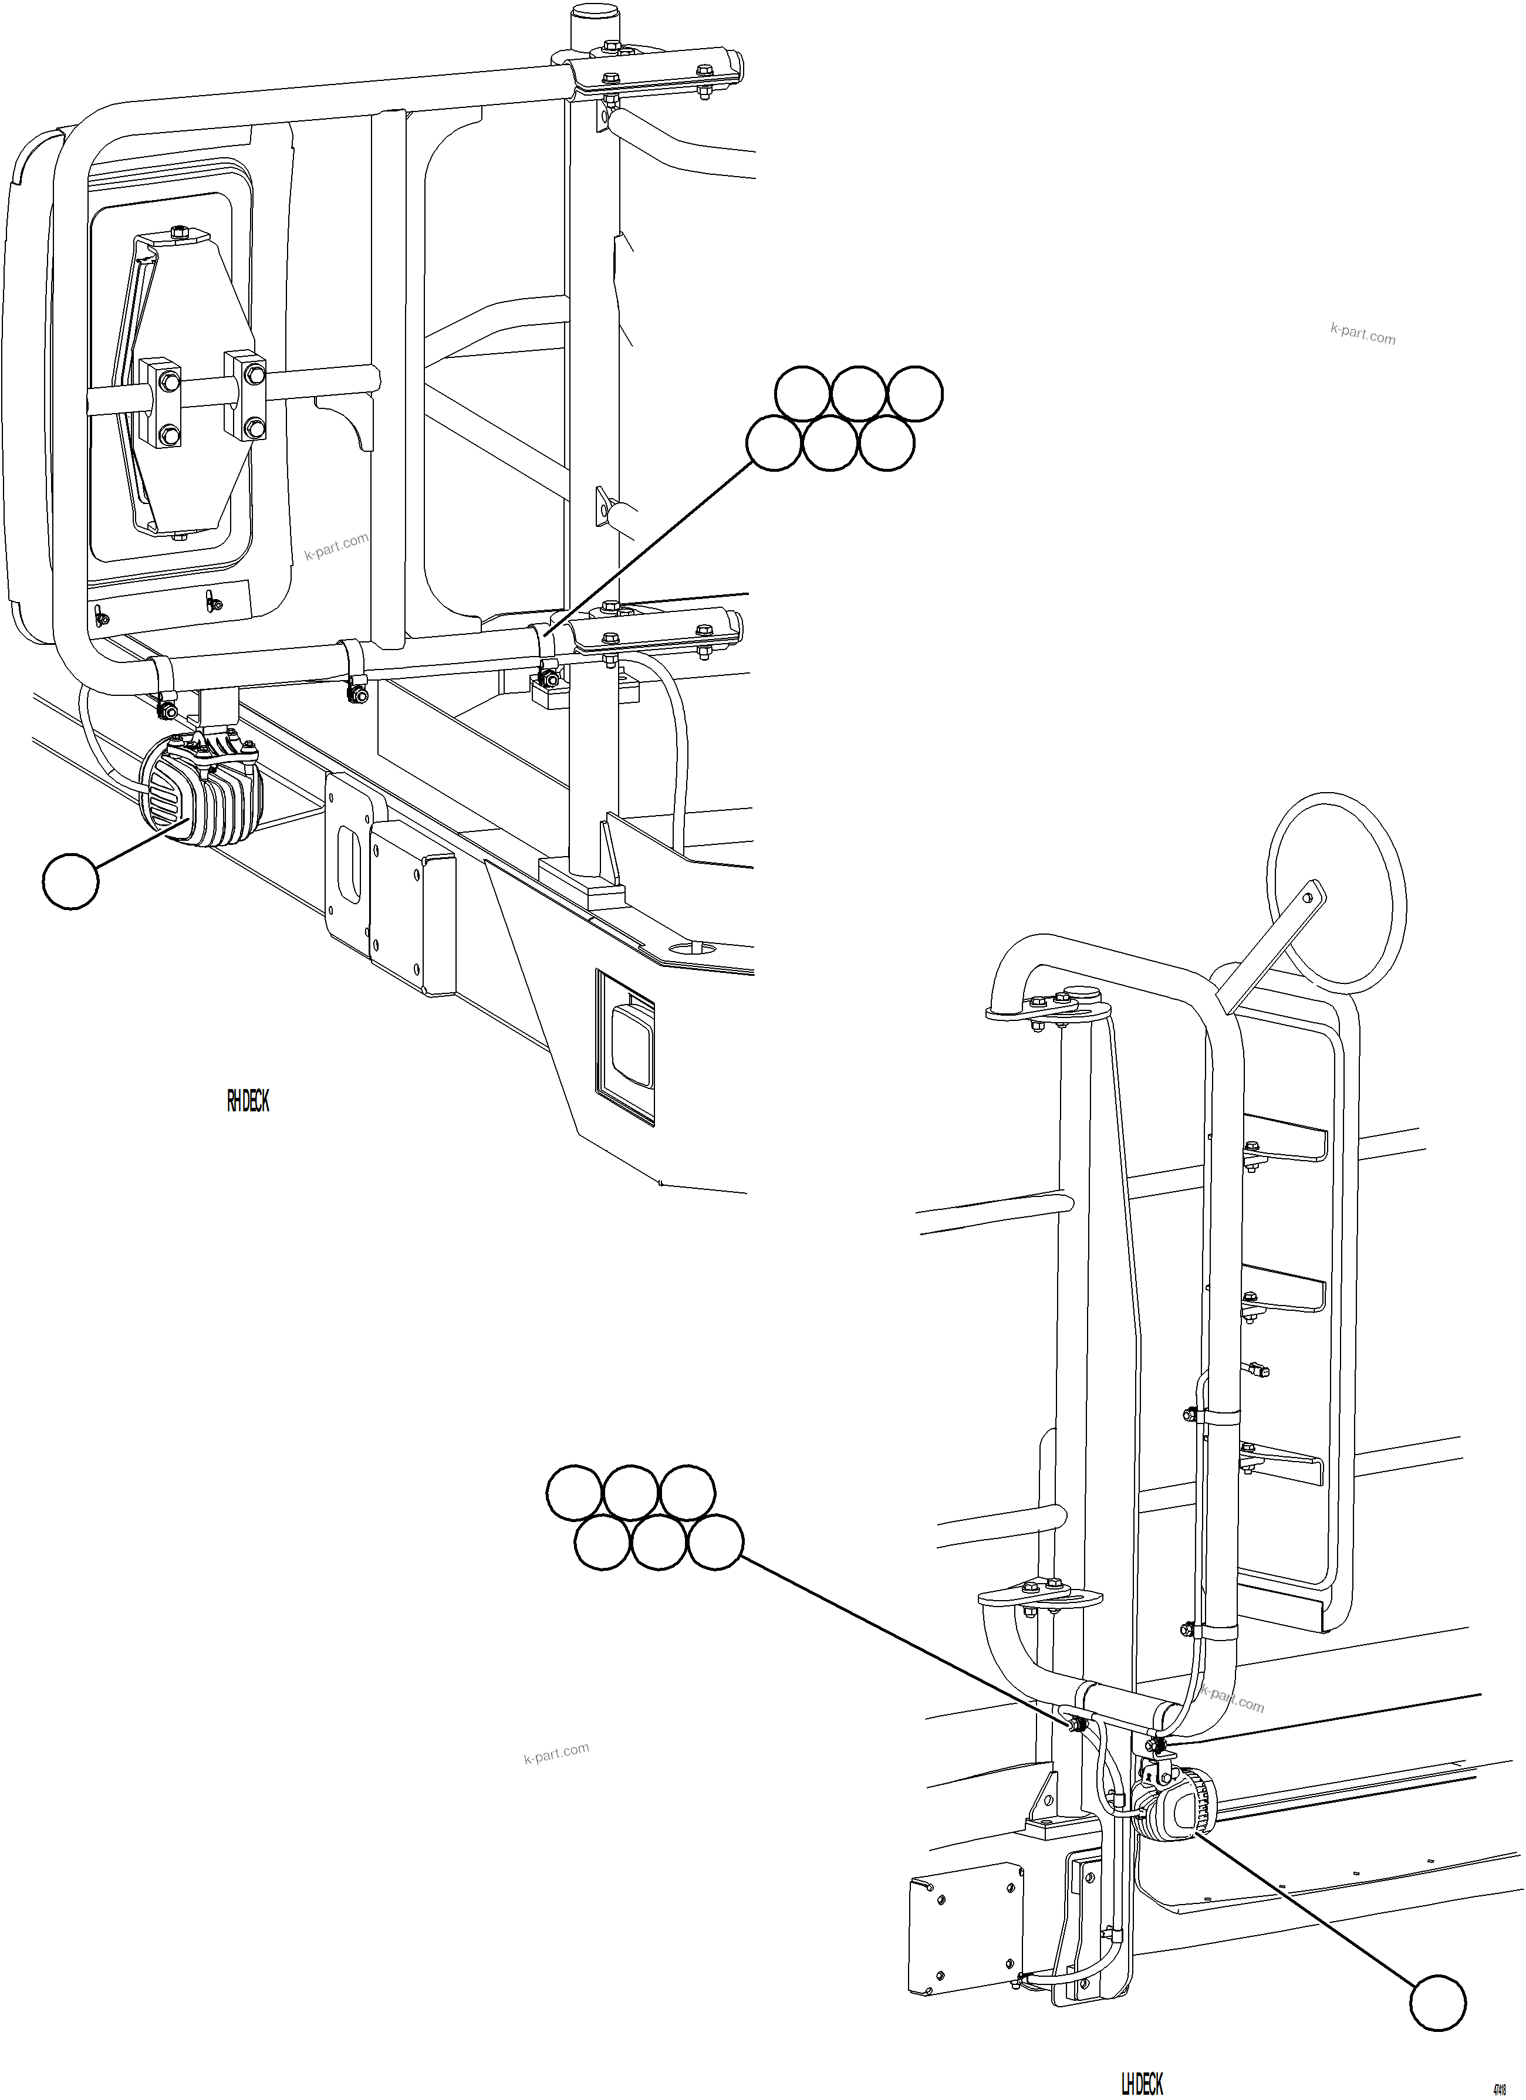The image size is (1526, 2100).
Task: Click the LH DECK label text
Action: pyautogui.click(x=1142, y=2084)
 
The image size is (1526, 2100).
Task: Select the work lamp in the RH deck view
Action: pyautogui.click(x=199, y=791)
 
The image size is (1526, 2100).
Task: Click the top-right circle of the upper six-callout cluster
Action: pyautogui.click(x=915, y=394)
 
